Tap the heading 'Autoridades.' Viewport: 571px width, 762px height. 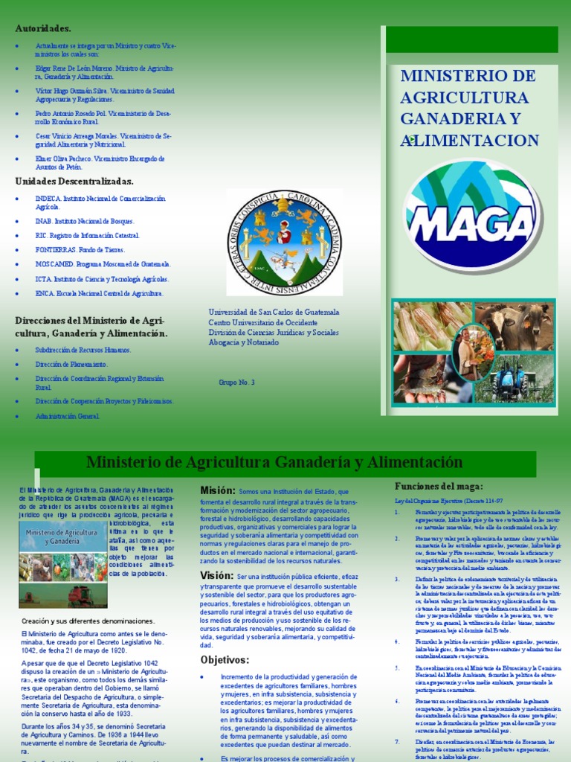[x=43, y=28]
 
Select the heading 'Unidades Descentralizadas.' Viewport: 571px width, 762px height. [x=74, y=181]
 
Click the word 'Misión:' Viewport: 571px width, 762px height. [x=218, y=490]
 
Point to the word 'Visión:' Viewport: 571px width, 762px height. [x=217, y=575]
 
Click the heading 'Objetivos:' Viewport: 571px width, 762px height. [x=224, y=659]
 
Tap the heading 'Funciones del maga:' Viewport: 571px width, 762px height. [x=438, y=486]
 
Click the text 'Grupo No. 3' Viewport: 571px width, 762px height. [x=236, y=382]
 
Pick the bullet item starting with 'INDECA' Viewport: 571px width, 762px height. [x=100, y=202]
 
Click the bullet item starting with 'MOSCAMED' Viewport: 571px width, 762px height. [x=103, y=264]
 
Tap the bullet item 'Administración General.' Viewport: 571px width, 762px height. [x=67, y=416]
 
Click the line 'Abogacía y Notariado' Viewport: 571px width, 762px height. [x=244, y=343]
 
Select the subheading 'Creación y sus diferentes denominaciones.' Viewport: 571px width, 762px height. [x=88, y=621]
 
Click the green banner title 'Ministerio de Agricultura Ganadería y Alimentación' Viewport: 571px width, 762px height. [x=274, y=462]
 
